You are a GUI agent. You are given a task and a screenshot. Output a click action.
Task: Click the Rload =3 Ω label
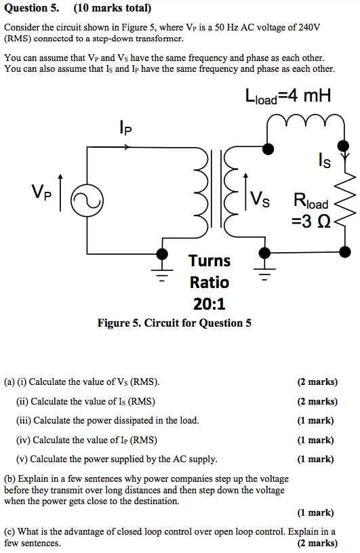click(x=311, y=210)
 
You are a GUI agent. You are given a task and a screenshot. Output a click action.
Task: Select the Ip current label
click(x=125, y=127)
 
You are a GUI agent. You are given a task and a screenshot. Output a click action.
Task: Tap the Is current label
click(x=324, y=161)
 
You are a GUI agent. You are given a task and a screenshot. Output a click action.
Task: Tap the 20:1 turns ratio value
click(x=209, y=304)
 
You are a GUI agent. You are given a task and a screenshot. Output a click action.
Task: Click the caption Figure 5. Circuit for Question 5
click(x=174, y=323)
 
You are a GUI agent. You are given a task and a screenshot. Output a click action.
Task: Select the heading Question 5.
click(x=31, y=9)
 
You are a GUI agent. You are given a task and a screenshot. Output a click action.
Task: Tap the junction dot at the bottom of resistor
click(x=346, y=252)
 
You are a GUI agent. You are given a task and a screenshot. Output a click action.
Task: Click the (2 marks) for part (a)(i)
click(x=317, y=382)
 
